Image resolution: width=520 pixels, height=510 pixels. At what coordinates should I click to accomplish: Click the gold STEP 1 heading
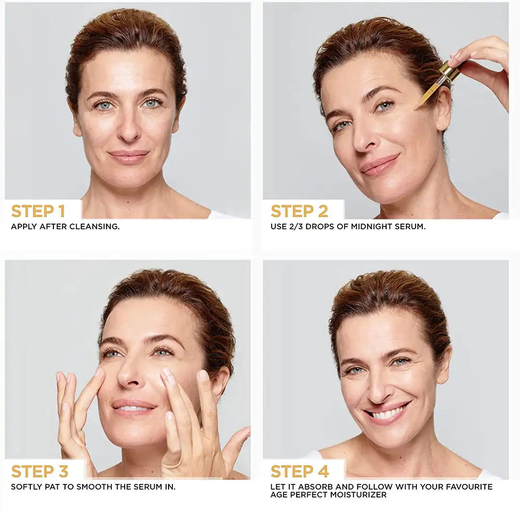tap(38, 211)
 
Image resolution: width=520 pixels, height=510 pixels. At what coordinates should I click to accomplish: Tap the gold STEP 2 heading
tap(299, 211)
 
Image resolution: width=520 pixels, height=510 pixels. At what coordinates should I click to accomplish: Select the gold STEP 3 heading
tap(39, 471)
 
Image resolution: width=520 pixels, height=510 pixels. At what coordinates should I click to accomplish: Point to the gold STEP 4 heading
tap(299, 471)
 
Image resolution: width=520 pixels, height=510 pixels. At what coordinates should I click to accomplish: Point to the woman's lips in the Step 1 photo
tap(129, 156)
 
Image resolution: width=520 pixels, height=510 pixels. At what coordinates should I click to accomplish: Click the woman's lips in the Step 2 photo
tap(380, 165)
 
